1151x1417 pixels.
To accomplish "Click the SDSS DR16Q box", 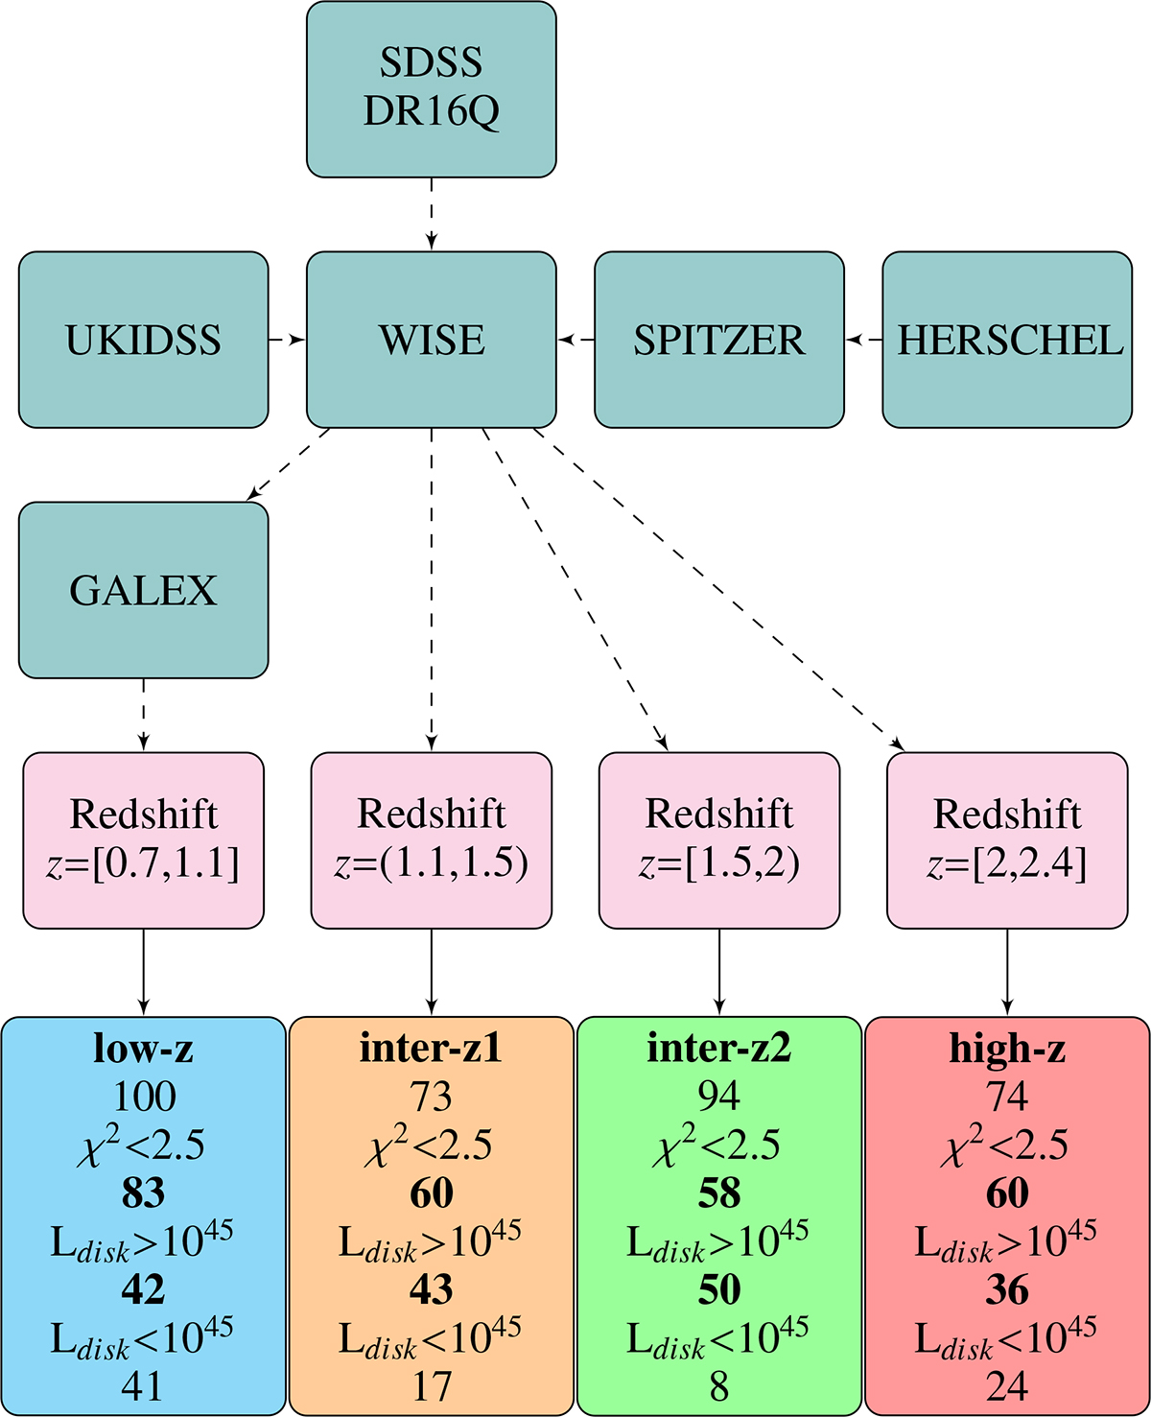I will [431, 88].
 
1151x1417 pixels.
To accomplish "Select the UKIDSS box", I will [143, 340].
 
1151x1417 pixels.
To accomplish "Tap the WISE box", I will [431, 340].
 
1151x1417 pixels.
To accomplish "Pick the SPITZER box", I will [718, 340].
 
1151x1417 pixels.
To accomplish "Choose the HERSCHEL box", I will [1007, 340].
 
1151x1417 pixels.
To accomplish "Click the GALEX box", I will [143, 589].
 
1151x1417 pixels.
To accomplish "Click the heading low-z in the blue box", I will [143, 1048].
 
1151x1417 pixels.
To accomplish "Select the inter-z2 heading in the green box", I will [718, 1048].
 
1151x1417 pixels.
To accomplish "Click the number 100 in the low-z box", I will [144, 1097].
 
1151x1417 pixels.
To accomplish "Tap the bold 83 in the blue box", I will [144, 1193].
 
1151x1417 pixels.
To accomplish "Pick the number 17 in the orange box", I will [432, 1386].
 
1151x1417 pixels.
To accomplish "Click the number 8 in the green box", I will [718, 1386].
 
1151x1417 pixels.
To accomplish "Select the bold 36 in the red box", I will [1007, 1290].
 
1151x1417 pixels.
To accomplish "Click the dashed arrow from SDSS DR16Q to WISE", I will [431, 214].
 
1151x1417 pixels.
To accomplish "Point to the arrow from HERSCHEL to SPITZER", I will [863, 340].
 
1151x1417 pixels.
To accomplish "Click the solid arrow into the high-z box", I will [1007, 971].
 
